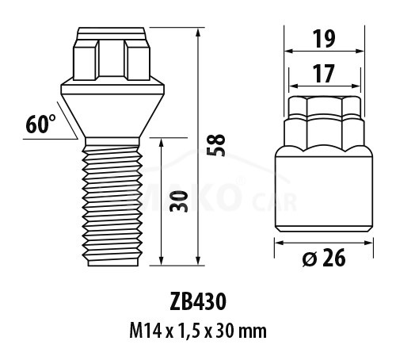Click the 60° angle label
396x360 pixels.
coord(40,124)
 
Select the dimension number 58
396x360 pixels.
coord(215,145)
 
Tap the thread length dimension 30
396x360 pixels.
coord(179,201)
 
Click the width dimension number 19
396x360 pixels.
coord(324,39)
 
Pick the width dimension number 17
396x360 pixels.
coord(324,74)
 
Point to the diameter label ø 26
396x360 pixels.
coord(324,257)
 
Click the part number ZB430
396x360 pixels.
coord(198,302)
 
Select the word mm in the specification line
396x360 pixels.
coord(253,331)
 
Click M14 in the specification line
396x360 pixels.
coord(145,331)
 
